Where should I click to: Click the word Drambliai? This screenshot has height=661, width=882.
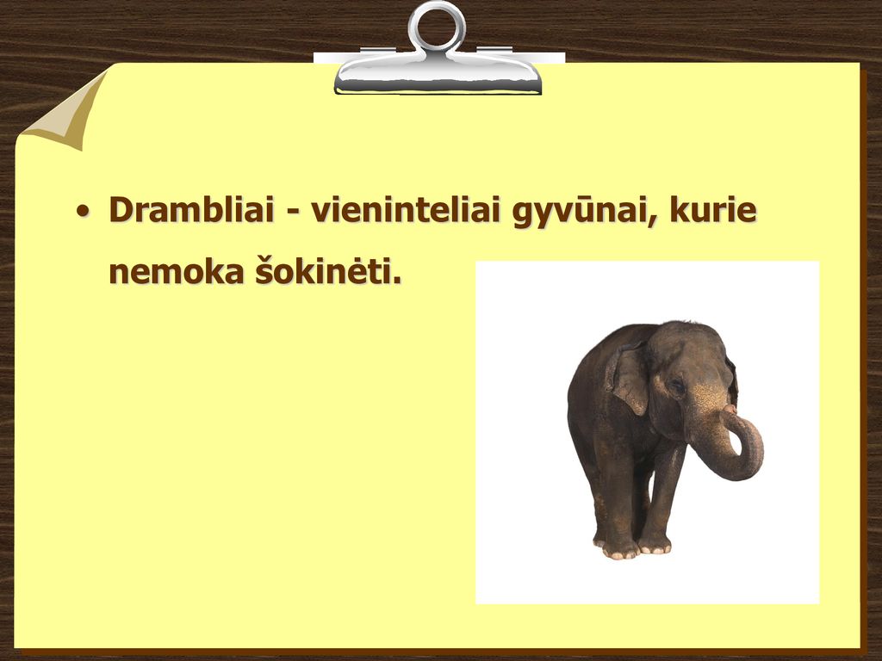190,210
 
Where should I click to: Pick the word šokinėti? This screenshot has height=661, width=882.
324,270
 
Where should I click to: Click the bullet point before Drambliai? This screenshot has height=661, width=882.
83,212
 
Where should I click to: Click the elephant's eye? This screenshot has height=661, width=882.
677,386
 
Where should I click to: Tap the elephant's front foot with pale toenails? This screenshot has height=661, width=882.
620,550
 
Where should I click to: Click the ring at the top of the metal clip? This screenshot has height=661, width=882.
437,26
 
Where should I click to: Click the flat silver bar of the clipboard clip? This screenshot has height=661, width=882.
438,77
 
